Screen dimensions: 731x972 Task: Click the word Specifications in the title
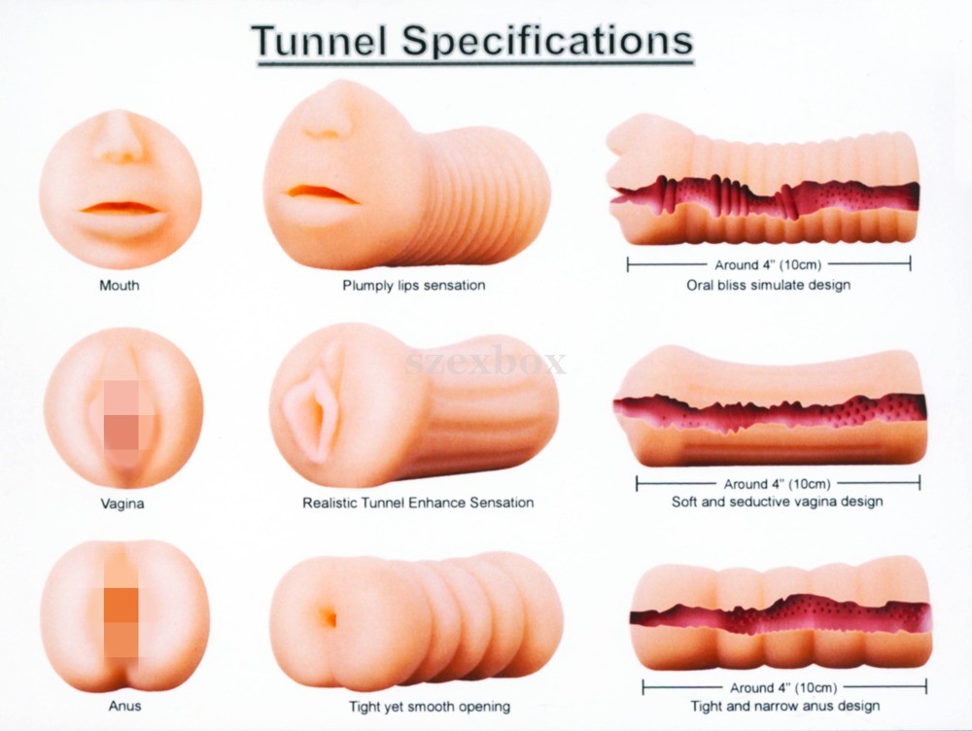(x=547, y=41)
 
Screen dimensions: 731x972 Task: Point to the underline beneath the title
(x=474, y=64)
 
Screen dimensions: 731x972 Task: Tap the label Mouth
(x=120, y=286)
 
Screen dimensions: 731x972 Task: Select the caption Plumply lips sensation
(x=413, y=286)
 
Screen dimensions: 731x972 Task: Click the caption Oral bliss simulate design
(x=768, y=286)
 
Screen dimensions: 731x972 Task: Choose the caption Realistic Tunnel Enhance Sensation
(x=418, y=503)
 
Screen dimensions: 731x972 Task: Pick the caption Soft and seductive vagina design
(x=777, y=503)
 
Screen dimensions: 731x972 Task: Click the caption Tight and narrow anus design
(x=785, y=707)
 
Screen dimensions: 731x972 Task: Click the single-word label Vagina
(x=122, y=504)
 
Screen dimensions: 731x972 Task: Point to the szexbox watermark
(x=486, y=364)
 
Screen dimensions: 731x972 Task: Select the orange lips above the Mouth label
(x=121, y=207)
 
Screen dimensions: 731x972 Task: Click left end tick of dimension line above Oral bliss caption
(x=628, y=264)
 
